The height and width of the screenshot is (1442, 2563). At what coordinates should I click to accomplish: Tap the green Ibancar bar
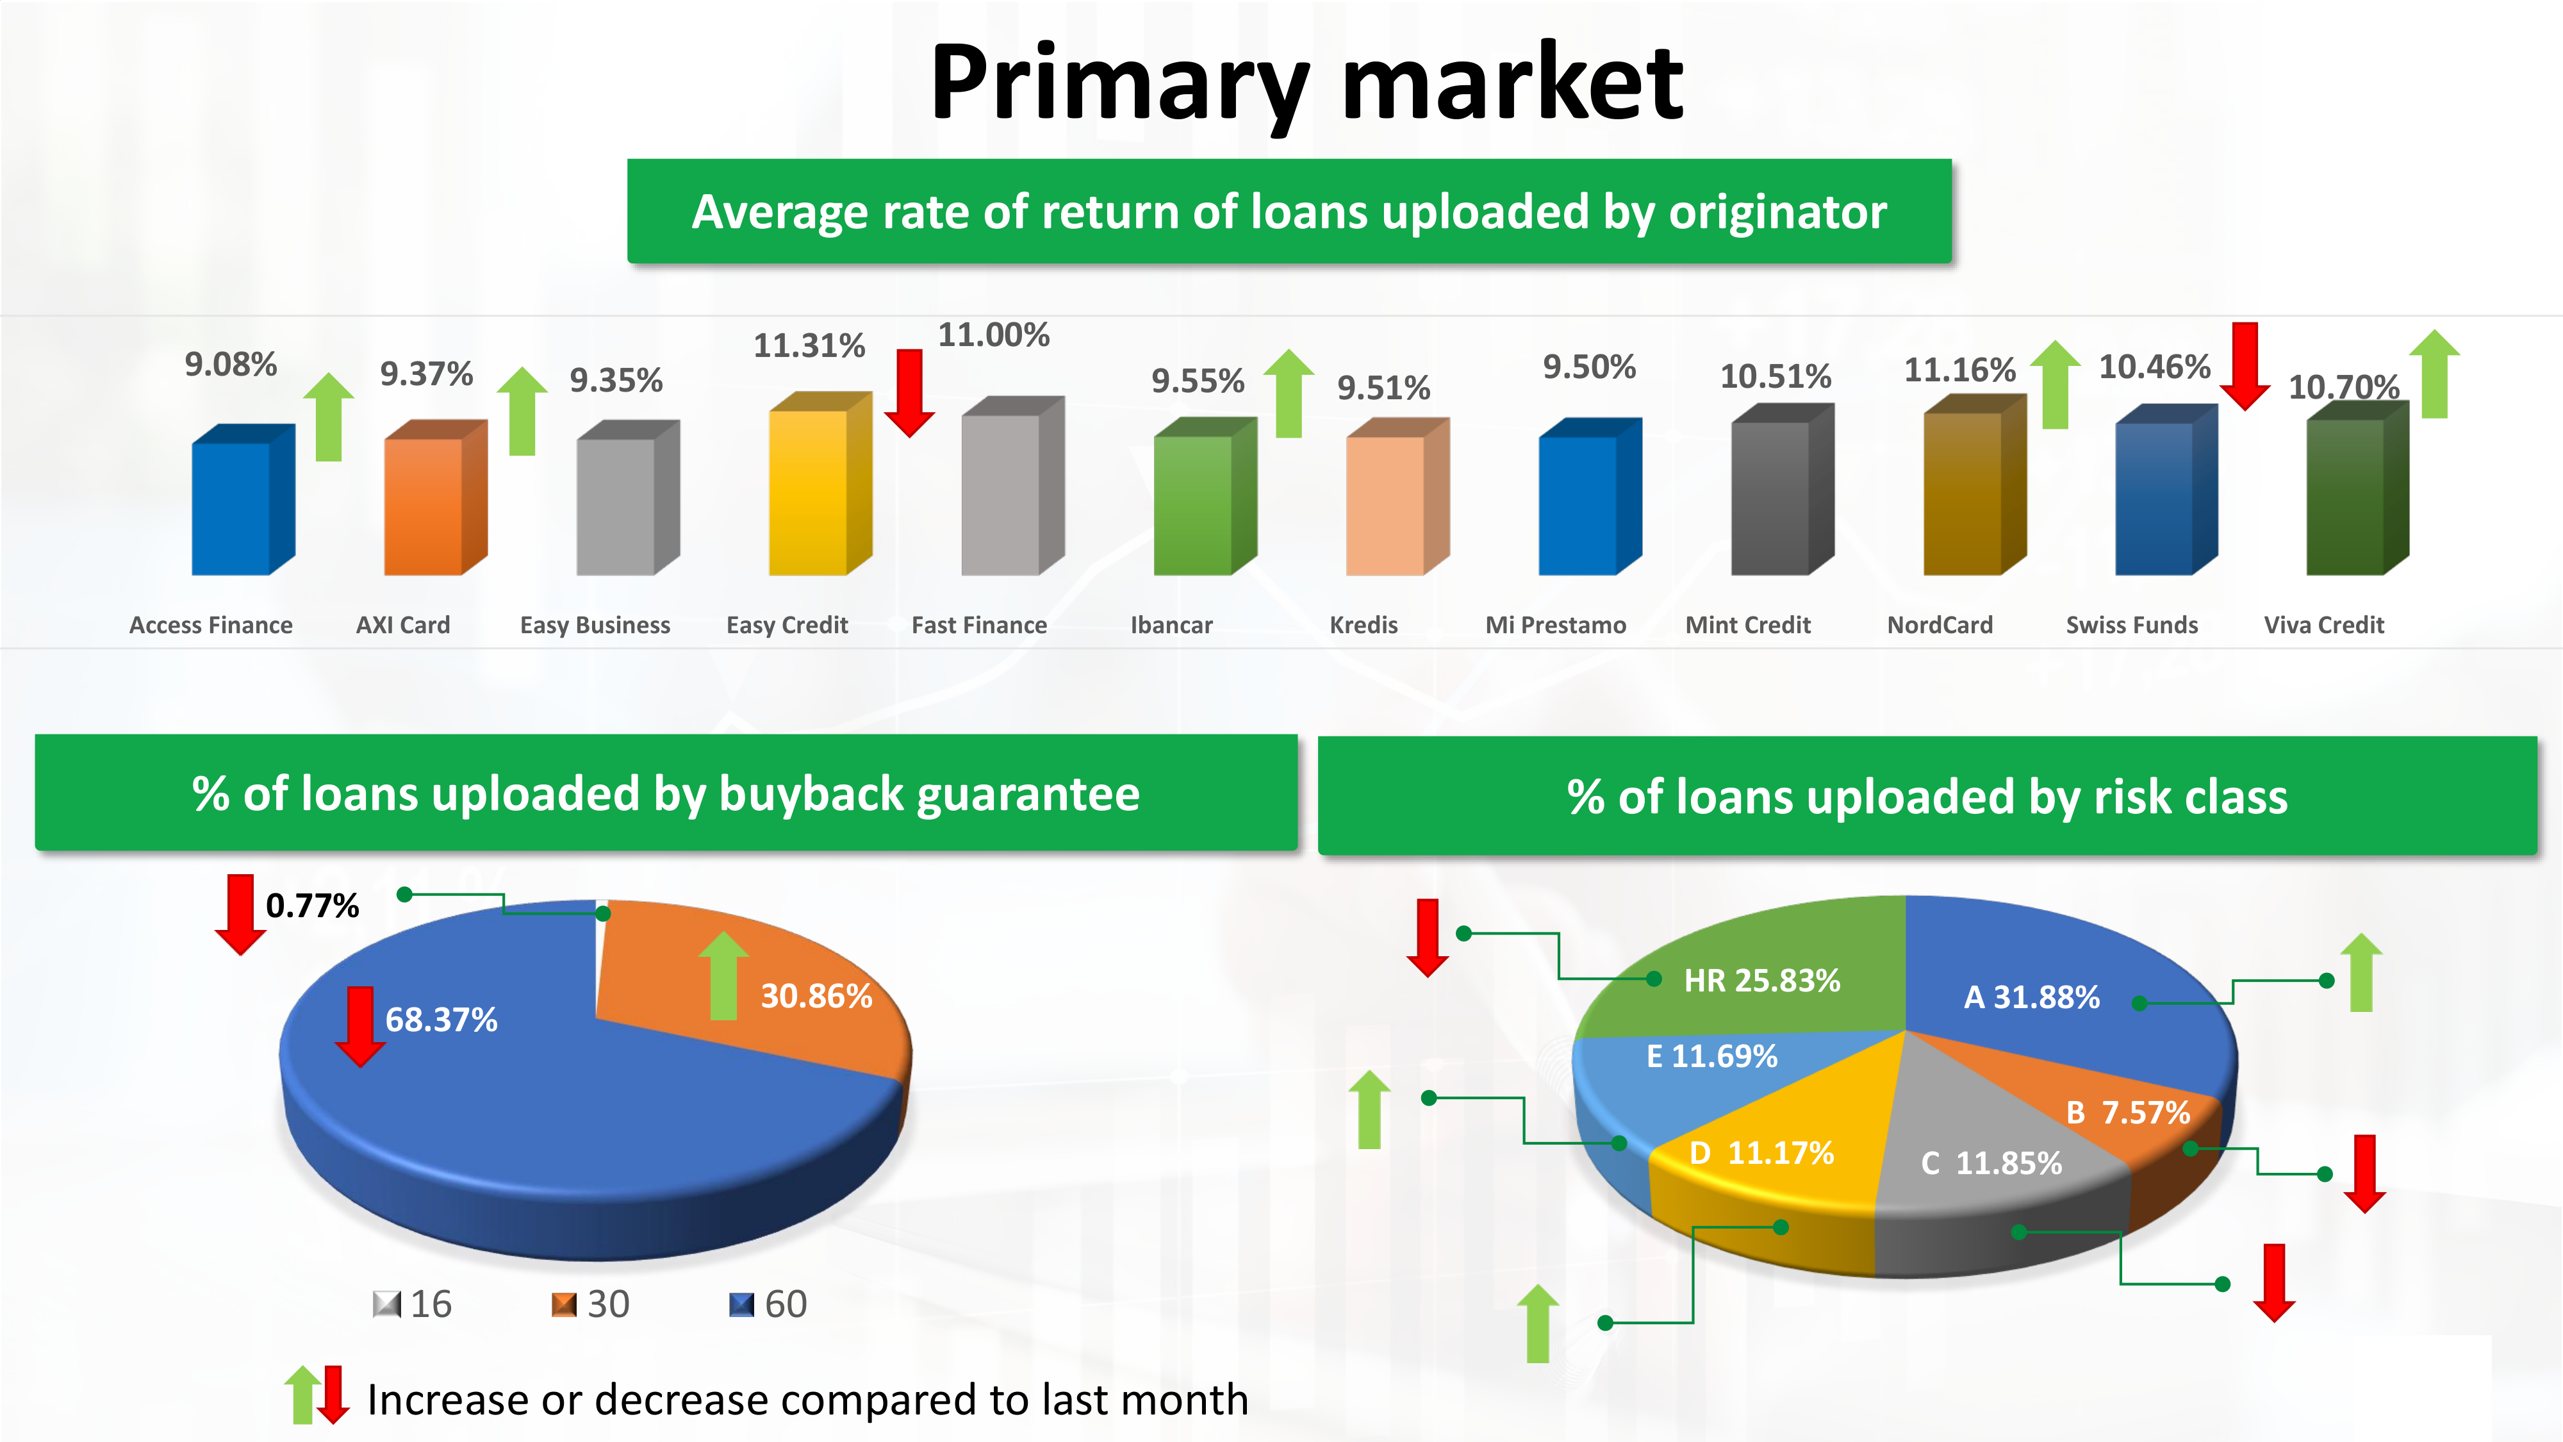1204,497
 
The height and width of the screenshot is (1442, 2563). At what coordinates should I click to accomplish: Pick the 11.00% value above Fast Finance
994,335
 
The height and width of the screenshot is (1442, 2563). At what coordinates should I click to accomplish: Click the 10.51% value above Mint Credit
1776,376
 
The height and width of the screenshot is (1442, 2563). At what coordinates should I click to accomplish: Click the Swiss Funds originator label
2132,625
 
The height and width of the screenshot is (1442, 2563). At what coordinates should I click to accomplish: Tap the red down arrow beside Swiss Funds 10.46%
2245,366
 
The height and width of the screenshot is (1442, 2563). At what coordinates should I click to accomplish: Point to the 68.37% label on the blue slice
441,1019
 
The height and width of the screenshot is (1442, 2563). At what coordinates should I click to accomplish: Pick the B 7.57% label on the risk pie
2128,1113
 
